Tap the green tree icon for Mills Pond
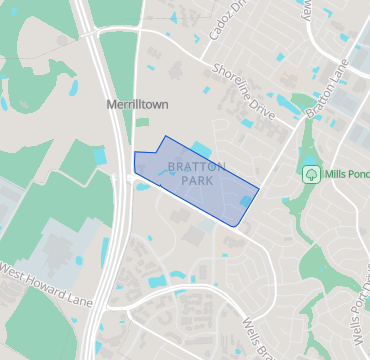[x=311, y=174]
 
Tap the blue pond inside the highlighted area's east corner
[x=246, y=203]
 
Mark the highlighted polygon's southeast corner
[x=238, y=227]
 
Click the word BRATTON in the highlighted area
[x=197, y=166]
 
